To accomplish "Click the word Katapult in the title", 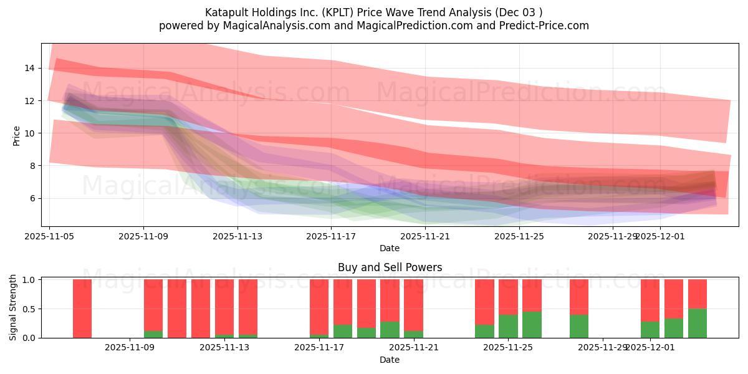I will pyautogui.click(x=225, y=12).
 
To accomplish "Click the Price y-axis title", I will pyautogui.click(x=17, y=136).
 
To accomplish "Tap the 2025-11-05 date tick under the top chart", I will pyautogui.click(x=50, y=236).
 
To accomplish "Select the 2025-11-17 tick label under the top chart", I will pyautogui.click(x=331, y=236).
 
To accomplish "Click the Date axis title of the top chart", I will pyautogui.click(x=390, y=248).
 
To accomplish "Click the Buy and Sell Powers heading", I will pyautogui.click(x=390, y=267).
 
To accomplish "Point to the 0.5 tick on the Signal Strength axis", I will pyautogui.click(x=29, y=309).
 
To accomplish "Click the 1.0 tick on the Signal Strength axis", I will pyautogui.click(x=29, y=280).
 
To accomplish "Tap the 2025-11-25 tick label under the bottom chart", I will pyautogui.click(x=508, y=348).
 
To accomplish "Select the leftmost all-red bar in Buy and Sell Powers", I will pyautogui.click(x=82, y=309).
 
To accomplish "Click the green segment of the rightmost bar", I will pyautogui.click(x=698, y=324).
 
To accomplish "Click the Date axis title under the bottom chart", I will pyautogui.click(x=390, y=360).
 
